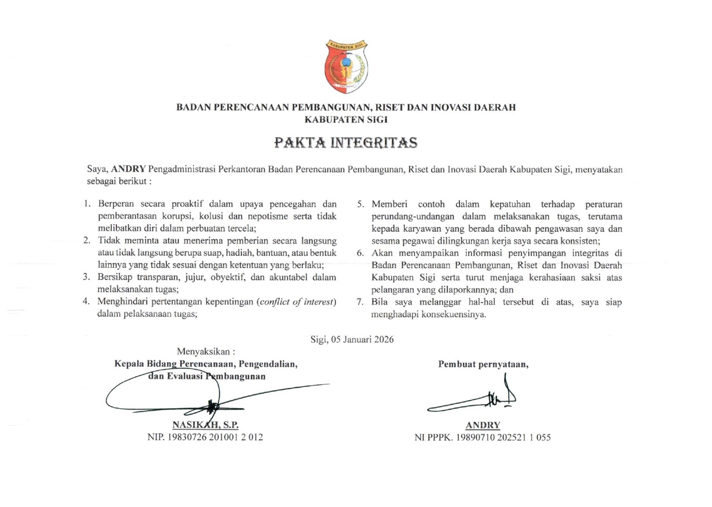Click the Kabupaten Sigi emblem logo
[x=346, y=66]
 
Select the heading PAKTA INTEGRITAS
[x=346, y=143]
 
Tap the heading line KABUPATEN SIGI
[x=346, y=119]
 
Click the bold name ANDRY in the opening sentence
[x=129, y=169]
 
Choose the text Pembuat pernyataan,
[x=483, y=364]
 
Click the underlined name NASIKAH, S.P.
[x=206, y=425]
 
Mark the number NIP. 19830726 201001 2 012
[x=206, y=437]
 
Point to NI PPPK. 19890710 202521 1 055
[x=483, y=437]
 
